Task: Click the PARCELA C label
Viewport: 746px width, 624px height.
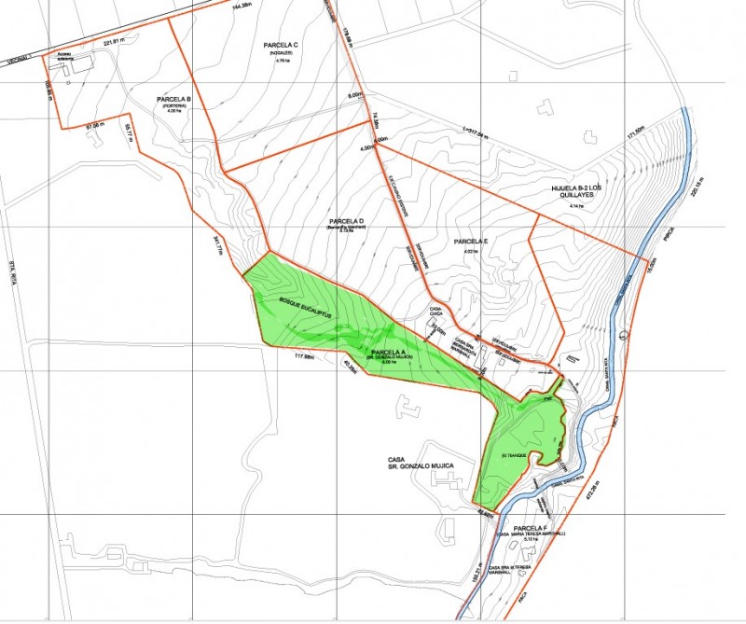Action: pyautogui.click(x=281, y=45)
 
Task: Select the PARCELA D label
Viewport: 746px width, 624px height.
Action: pyautogui.click(x=346, y=220)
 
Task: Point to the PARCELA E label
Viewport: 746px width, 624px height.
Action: pyautogui.click(x=471, y=242)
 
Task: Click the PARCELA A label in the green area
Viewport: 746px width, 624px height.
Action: pyautogui.click(x=396, y=353)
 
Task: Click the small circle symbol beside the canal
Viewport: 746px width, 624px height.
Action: pyautogui.click(x=624, y=335)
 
